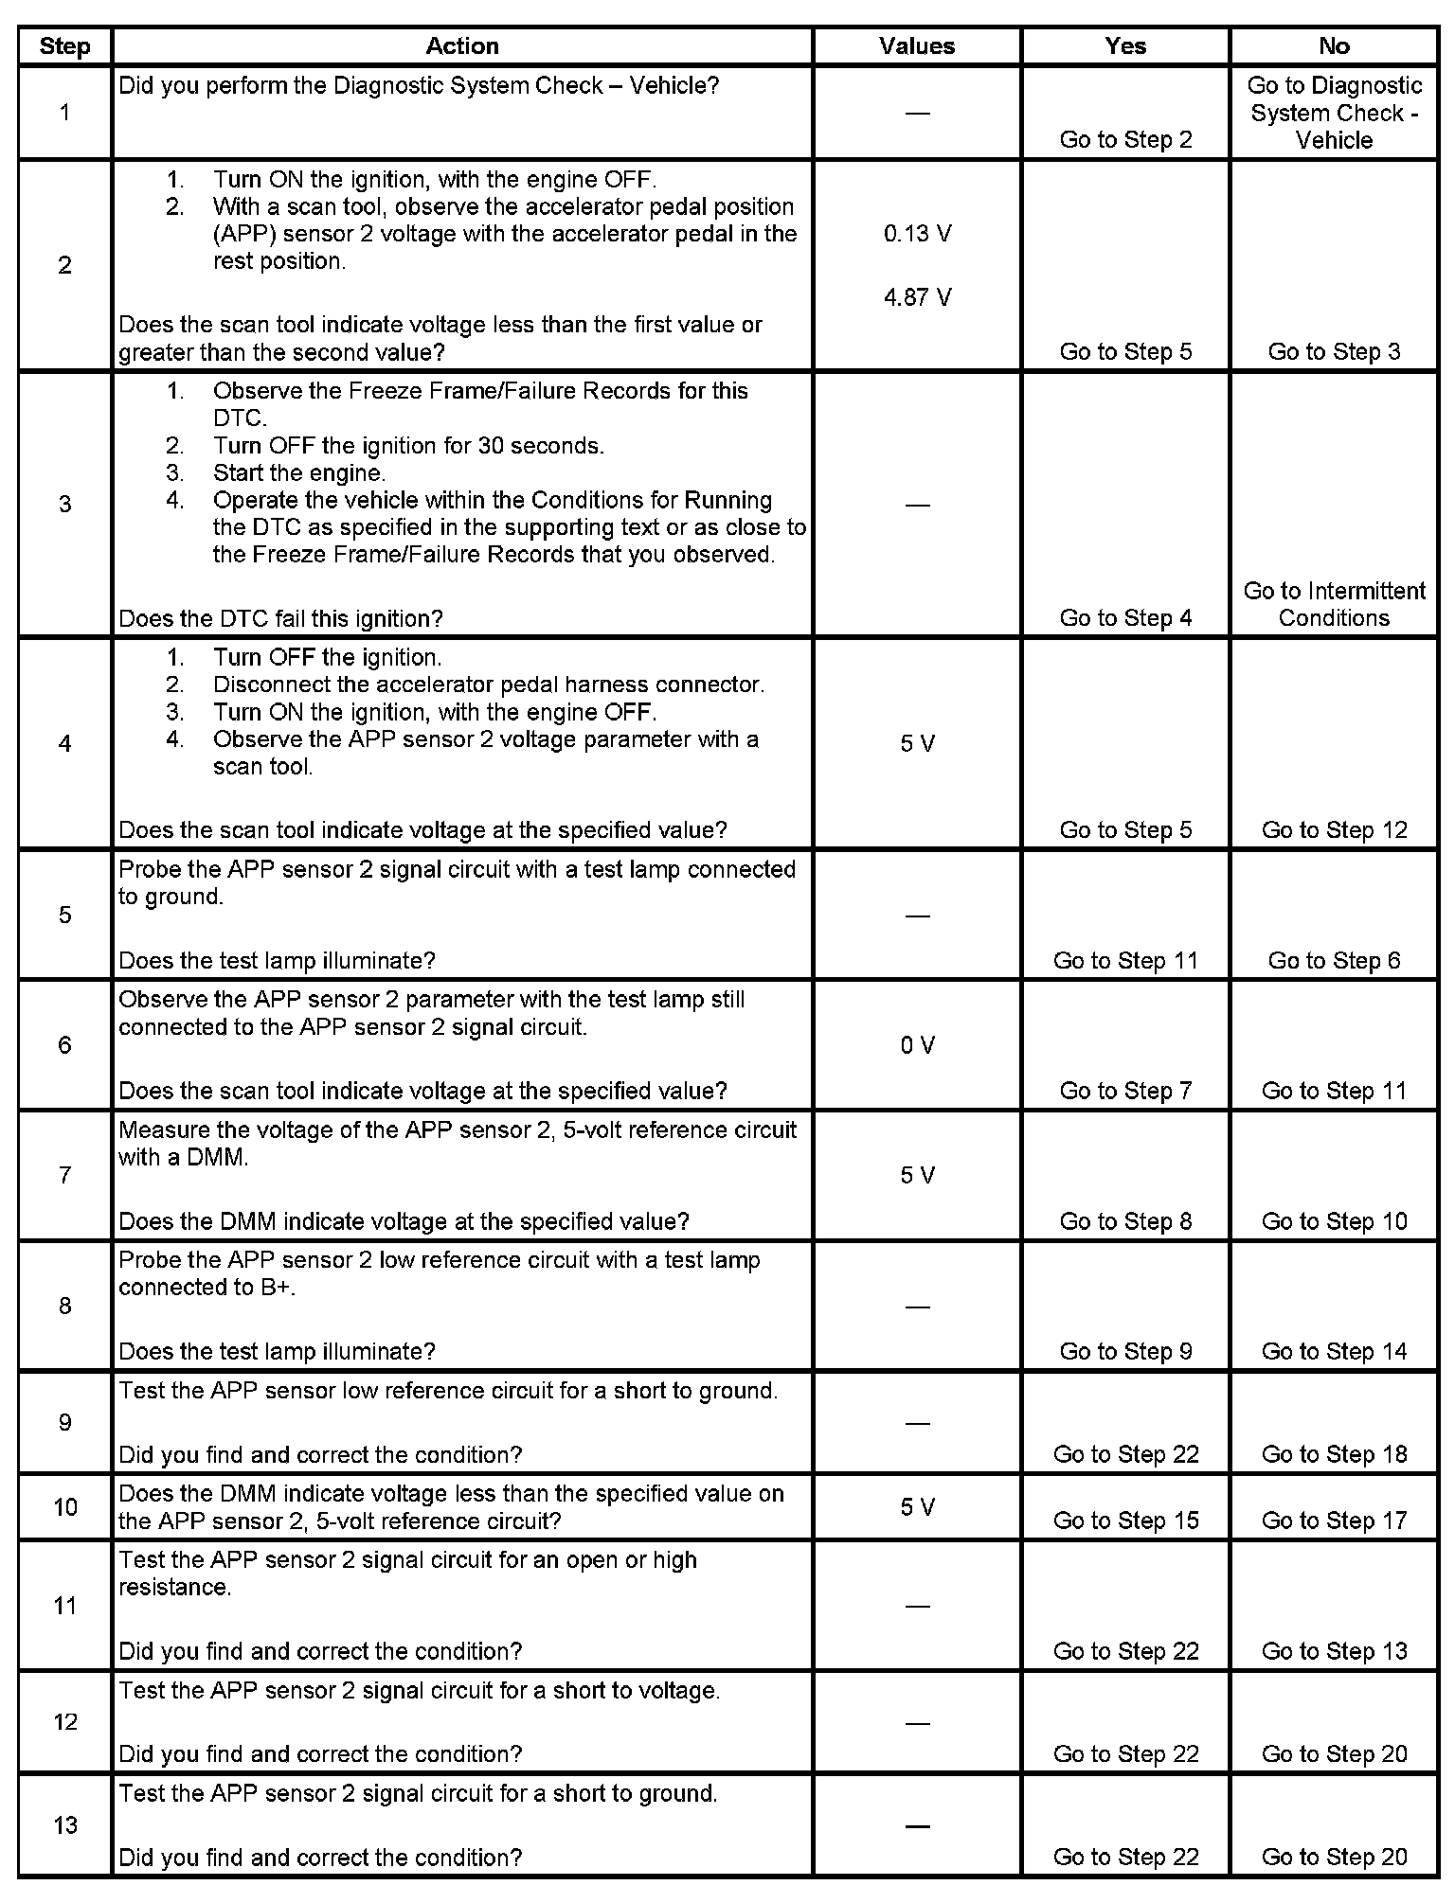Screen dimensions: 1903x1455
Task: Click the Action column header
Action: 461,46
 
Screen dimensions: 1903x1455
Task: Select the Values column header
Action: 917,46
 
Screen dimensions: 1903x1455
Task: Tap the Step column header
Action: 64,46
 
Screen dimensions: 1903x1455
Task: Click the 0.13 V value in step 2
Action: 917,234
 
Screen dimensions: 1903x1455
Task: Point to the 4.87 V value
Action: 917,297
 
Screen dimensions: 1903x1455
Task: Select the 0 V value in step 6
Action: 917,1045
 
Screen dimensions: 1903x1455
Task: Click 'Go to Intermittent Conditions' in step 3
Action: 1334,604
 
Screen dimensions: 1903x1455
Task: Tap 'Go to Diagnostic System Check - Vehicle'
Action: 1334,113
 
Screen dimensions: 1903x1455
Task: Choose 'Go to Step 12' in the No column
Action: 1334,830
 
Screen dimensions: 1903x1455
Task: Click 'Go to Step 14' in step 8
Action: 1334,1351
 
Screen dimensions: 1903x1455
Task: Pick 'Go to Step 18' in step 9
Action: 1334,1454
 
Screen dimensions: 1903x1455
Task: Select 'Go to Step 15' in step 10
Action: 1125,1521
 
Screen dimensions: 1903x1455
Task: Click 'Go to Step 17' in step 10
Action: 1334,1521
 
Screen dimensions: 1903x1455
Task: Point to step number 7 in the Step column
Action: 64,1175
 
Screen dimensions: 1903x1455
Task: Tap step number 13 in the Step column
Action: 64,1825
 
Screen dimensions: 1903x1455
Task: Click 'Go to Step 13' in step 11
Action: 1334,1651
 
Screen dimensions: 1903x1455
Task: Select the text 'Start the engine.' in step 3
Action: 299,472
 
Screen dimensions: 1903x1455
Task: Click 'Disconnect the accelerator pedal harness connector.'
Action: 488,685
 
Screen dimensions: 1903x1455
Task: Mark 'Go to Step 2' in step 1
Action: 1125,140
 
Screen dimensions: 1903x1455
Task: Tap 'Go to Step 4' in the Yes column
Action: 1125,618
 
